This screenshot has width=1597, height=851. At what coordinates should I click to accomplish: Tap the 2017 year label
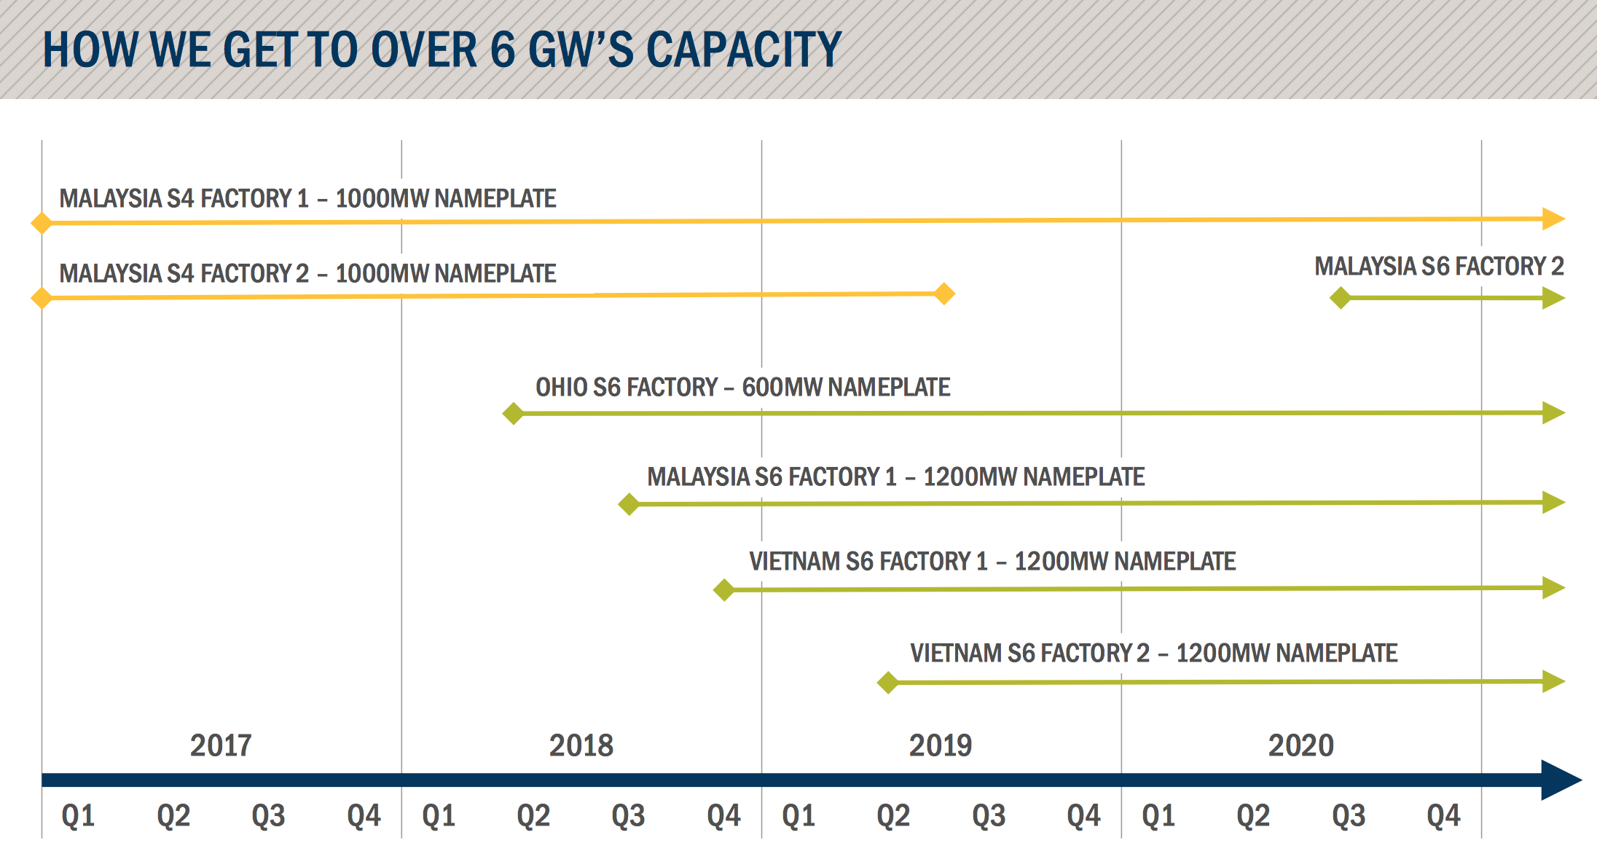(x=221, y=745)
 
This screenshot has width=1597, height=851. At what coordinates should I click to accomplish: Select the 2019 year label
(x=940, y=745)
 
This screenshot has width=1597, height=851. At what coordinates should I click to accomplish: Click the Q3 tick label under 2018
(x=628, y=815)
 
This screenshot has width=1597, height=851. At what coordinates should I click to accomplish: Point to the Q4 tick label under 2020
(x=1443, y=815)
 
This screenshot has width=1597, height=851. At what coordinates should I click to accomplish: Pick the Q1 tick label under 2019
(x=798, y=815)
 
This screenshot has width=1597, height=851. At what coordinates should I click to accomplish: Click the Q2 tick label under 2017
(x=173, y=815)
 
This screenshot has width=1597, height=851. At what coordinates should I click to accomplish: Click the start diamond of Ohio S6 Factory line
(x=513, y=413)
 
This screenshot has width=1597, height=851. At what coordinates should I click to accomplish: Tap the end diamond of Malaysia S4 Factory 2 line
(x=944, y=294)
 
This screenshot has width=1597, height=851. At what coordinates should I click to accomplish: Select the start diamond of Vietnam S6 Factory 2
(x=887, y=683)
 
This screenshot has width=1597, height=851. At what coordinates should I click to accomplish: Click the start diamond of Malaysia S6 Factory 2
(x=1340, y=297)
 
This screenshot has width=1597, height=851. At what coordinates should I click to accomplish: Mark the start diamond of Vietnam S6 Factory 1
(x=723, y=589)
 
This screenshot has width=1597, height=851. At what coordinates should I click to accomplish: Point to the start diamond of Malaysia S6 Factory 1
(x=628, y=503)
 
